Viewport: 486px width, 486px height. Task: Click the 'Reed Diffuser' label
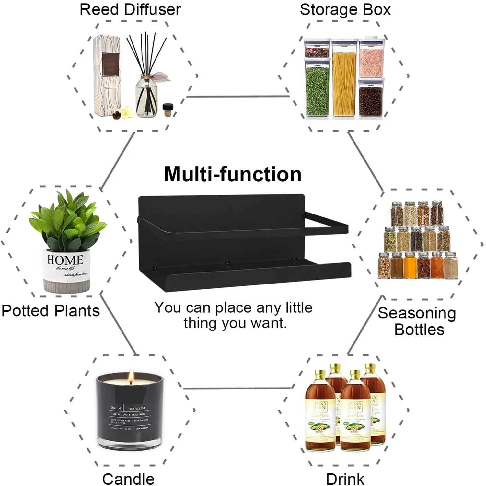click(130, 9)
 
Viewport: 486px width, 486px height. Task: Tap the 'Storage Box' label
click(345, 9)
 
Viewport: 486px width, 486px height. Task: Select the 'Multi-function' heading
click(233, 174)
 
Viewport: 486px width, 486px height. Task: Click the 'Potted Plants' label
click(51, 310)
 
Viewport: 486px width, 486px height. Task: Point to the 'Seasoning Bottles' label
click(417, 321)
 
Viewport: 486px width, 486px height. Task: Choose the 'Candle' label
click(128, 479)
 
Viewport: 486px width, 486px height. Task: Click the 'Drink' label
click(345, 479)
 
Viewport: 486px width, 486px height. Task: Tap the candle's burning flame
click(131, 376)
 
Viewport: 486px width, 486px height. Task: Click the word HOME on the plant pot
click(65, 260)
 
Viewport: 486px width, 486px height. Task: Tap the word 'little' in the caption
click(298, 307)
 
